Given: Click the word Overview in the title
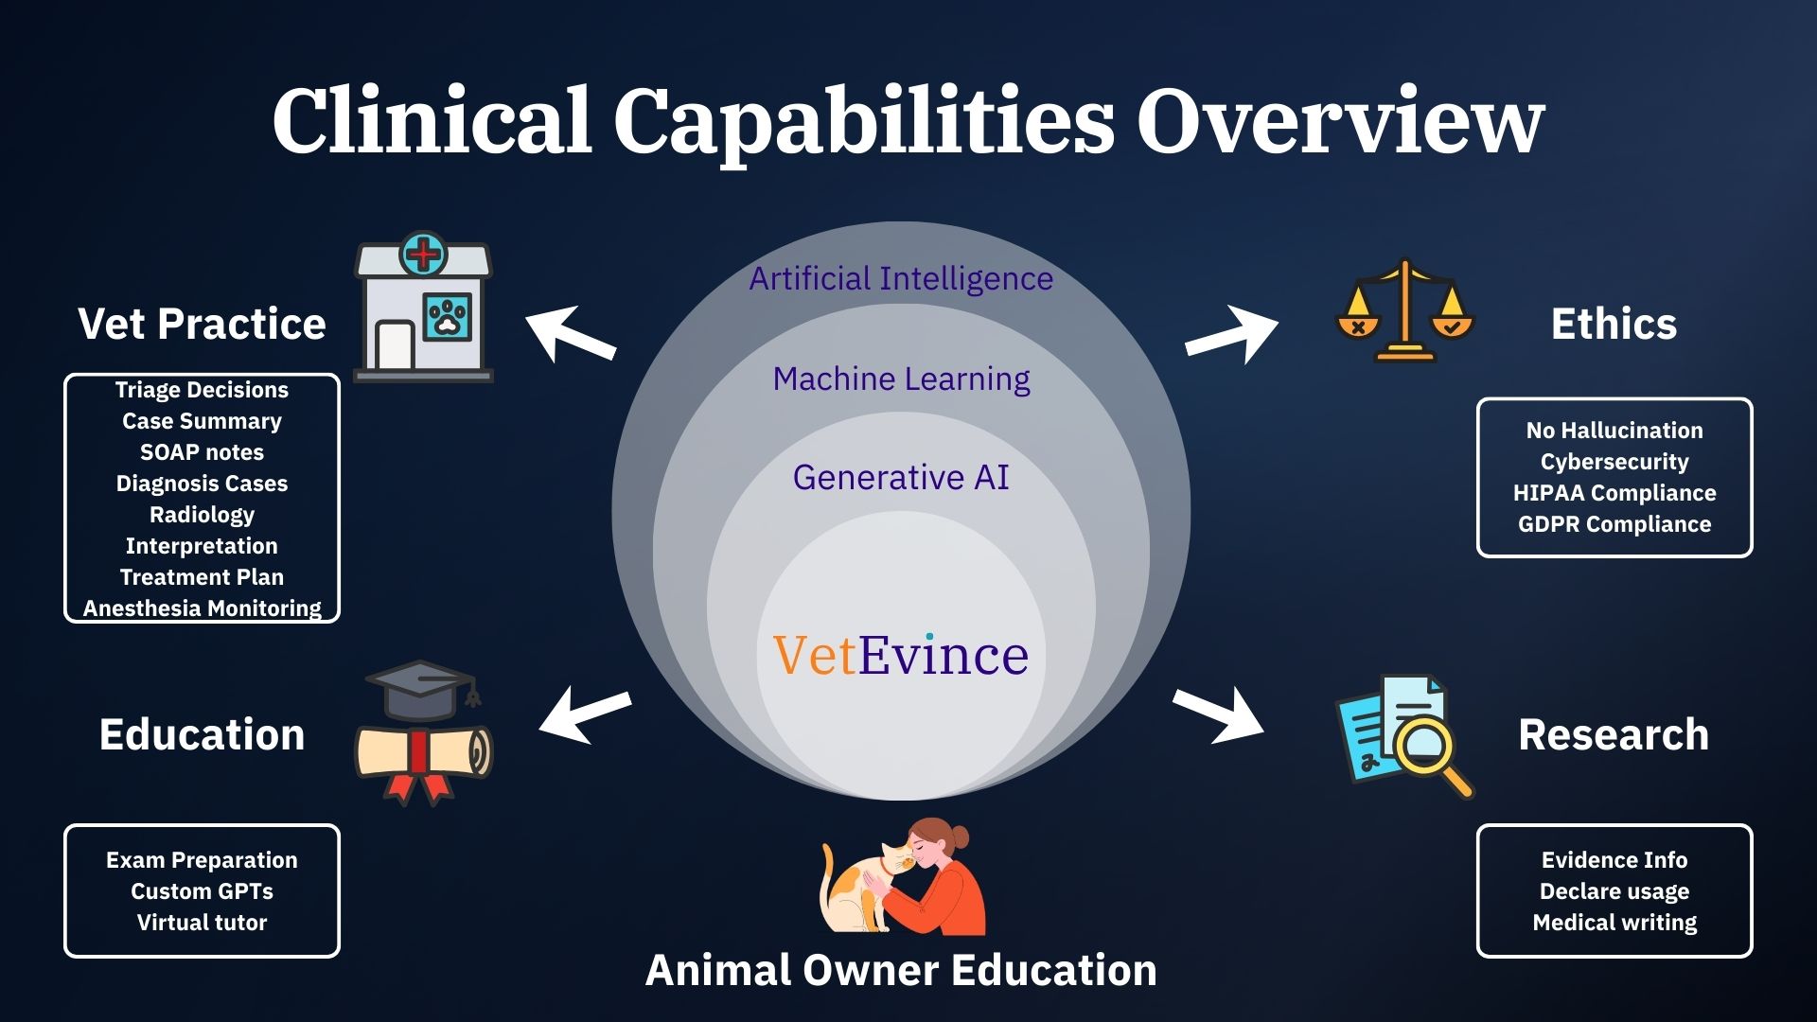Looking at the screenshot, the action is tap(1340, 120).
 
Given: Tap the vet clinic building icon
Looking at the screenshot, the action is tap(423, 307).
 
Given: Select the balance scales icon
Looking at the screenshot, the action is tap(1405, 310).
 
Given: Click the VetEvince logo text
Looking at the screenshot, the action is tap(901, 655).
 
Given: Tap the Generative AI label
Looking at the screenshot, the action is tap(901, 478).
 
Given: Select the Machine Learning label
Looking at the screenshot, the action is tap(901, 379).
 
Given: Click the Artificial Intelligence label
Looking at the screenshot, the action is tap(901, 278).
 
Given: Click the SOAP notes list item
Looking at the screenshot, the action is tap(202, 452).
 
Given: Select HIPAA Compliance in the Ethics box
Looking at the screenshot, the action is tap(1614, 493).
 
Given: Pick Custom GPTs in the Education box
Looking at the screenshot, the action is tap(202, 891).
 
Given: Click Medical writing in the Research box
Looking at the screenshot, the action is tap(1614, 923).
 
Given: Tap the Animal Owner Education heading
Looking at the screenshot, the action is tap(901, 970).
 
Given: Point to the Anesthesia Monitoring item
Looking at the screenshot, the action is tap(202, 608).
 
